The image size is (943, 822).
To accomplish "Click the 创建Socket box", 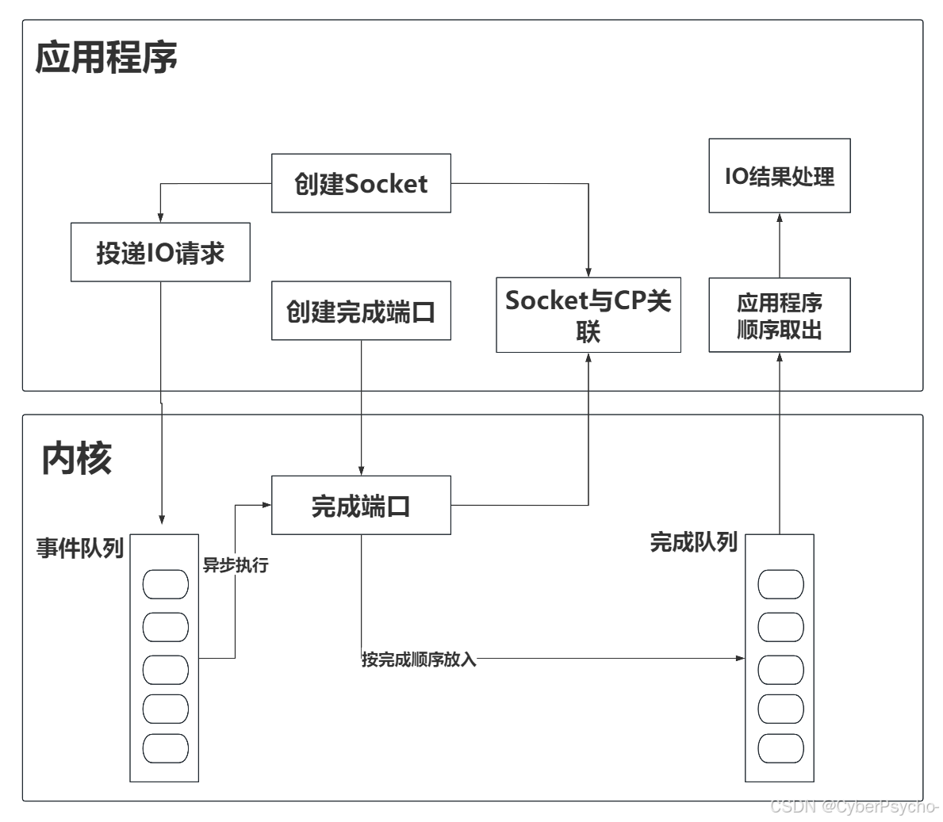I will (x=361, y=183).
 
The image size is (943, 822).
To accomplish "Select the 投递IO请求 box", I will (x=160, y=252).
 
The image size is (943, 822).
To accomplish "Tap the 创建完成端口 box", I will (x=361, y=311).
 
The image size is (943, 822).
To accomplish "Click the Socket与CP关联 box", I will (x=588, y=315).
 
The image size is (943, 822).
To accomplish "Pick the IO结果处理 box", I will (x=779, y=175).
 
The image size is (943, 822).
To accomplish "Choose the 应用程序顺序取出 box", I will (x=779, y=315).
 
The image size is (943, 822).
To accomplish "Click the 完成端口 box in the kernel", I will (x=361, y=505).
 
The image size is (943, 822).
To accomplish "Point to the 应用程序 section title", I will (x=106, y=57).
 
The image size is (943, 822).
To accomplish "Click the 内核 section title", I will (x=77, y=458).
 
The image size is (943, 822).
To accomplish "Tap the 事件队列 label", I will (x=80, y=548).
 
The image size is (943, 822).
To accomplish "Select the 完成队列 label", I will (x=693, y=542).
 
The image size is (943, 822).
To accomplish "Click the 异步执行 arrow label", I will (x=236, y=564).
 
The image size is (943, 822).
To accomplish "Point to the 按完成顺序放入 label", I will (x=419, y=659).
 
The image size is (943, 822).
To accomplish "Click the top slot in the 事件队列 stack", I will (x=165, y=585).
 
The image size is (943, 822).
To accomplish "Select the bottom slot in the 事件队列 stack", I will (x=165, y=748).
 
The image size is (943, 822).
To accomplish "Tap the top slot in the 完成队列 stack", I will (x=780, y=585).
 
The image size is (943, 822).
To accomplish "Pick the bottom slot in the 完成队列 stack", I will (x=780, y=748).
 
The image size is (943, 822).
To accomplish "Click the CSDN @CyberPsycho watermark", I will (x=853, y=806).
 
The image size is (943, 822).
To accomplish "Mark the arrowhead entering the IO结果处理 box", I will (x=779, y=217).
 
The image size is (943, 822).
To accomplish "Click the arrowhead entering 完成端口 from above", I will (x=362, y=472).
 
